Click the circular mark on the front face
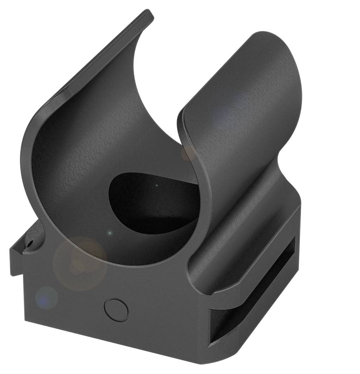tap(116, 310)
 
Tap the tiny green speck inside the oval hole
tap(157, 185)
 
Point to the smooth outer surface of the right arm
tap(254, 111)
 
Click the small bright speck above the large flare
tap(110, 233)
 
